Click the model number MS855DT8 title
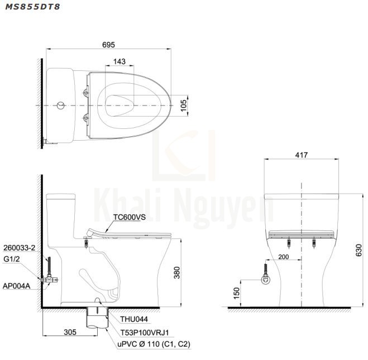[x=32, y=7]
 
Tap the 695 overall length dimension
[x=108, y=45]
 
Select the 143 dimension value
[x=120, y=61]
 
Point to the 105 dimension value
[x=183, y=105]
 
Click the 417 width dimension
[x=302, y=155]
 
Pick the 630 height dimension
[x=359, y=250]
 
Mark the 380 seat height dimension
[x=176, y=272]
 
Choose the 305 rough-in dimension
[x=70, y=332]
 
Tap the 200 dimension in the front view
[x=284, y=257]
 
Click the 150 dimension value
[x=236, y=293]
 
